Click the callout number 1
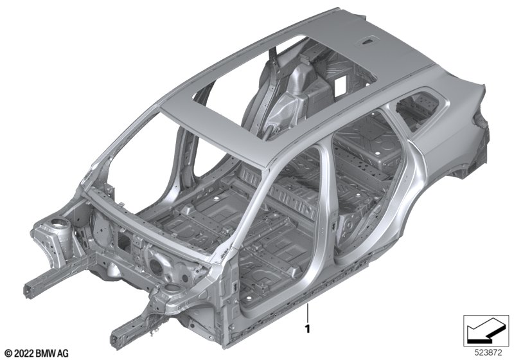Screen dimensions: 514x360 (308, 329)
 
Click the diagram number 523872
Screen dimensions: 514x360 (488, 353)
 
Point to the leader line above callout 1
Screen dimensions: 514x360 (308, 314)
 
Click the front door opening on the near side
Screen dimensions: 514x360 (279, 223)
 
